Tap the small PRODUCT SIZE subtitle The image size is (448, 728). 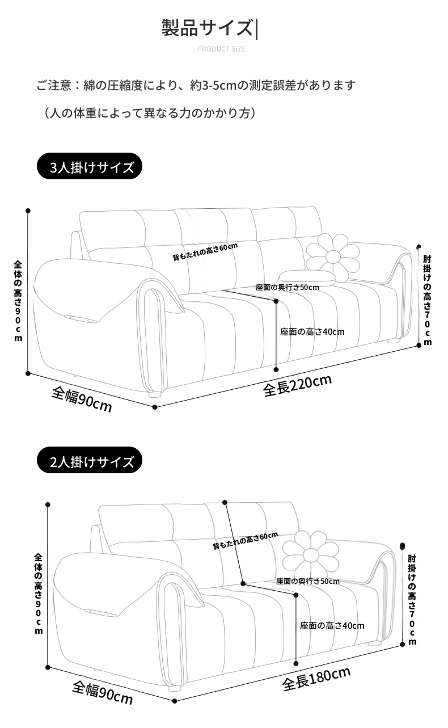click(x=221, y=49)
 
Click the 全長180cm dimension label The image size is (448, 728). click(x=316, y=679)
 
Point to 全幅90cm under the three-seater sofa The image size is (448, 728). click(x=82, y=399)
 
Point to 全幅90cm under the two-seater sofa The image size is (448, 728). click(x=102, y=692)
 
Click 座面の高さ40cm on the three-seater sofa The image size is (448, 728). click(x=312, y=332)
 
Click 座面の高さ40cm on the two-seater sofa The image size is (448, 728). click(x=332, y=626)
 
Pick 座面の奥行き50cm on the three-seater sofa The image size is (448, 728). click(x=287, y=287)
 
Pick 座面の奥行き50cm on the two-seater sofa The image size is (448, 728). click(x=307, y=581)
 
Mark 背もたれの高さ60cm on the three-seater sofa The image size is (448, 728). click(x=205, y=251)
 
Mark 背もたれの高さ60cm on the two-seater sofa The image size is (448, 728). click(x=245, y=541)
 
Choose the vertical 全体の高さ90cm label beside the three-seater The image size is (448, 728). click(x=18, y=301)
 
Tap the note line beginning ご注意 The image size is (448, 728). click(x=196, y=86)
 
